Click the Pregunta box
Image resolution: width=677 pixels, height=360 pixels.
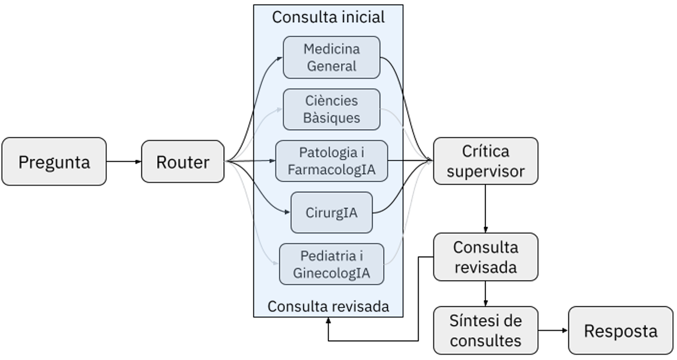point(54,162)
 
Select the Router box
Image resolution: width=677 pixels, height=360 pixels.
point(183,162)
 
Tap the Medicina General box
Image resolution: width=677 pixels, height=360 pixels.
point(331,57)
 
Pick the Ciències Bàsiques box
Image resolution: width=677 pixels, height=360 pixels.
point(331,109)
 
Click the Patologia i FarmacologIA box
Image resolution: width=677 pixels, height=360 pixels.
point(331,161)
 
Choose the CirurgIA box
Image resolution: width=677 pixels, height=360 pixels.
point(331,212)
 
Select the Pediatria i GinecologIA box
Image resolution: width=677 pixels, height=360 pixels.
point(331,264)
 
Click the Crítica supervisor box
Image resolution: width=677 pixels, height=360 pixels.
point(485,161)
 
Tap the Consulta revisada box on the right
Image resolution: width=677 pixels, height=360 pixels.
point(485,257)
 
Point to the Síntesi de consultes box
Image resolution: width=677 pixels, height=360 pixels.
point(485,330)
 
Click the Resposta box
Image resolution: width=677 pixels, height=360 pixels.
point(620,331)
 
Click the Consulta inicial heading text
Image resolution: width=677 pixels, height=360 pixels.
point(328,18)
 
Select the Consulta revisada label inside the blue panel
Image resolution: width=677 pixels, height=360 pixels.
point(328,306)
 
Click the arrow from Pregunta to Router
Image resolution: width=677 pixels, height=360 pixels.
point(124,161)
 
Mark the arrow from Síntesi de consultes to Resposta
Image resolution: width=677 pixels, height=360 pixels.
point(553,330)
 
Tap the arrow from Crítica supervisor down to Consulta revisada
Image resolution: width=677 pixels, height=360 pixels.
point(485,209)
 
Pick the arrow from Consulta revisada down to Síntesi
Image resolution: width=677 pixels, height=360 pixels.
point(485,293)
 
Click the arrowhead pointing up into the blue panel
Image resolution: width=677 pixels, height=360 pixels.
point(328,321)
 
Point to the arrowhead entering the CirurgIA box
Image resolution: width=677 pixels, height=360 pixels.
point(288,212)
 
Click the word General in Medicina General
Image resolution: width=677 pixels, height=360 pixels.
point(331,66)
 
